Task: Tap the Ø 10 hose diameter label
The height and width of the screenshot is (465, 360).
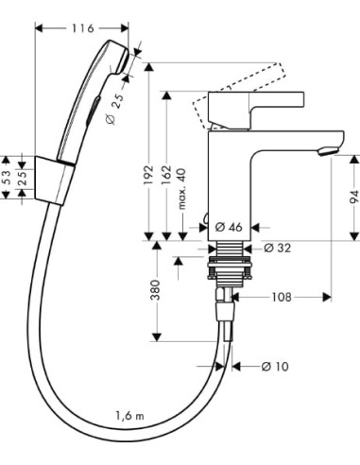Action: tap(277, 366)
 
